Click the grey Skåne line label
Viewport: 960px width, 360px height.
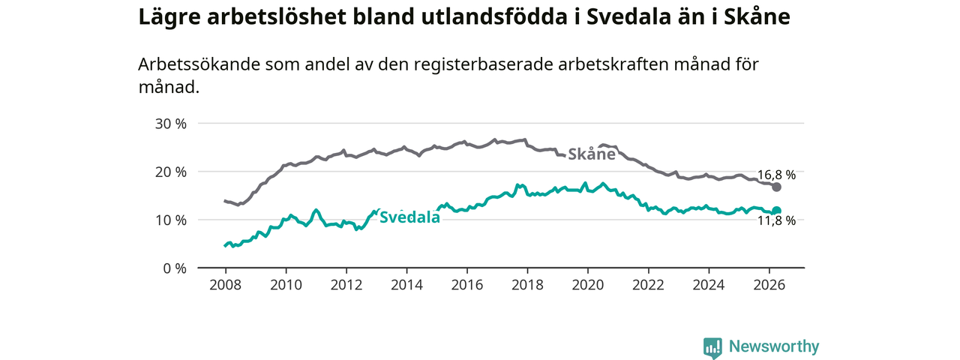tap(592, 154)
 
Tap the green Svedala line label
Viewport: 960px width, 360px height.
tap(409, 217)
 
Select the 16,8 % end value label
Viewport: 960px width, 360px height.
tap(776, 175)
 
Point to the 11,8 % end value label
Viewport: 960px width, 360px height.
tap(776, 220)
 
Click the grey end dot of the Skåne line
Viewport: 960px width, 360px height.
tap(776, 187)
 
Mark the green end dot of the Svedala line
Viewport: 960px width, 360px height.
tap(776, 211)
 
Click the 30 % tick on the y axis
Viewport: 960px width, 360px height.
tap(170, 124)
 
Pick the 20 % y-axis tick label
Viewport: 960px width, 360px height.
tap(170, 172)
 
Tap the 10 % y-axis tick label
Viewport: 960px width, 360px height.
tap(170, 220)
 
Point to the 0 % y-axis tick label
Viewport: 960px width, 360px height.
tap(175, 268)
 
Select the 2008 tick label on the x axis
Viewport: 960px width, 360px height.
tap(226, 285)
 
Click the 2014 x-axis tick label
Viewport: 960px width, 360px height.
tap(406, 285)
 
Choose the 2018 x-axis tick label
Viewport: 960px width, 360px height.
tap(527, 285)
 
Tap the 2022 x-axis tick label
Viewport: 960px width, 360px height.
tap(649, 285)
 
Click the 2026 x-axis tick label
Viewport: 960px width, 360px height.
tap(769, 285)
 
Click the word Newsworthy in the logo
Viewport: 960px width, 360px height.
tap(774, 346)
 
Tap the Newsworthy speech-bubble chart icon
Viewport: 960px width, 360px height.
tap(712, 347)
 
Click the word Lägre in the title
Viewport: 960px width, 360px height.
tap(169, 17)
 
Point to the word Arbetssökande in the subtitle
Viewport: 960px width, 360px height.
tap(199, 64)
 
